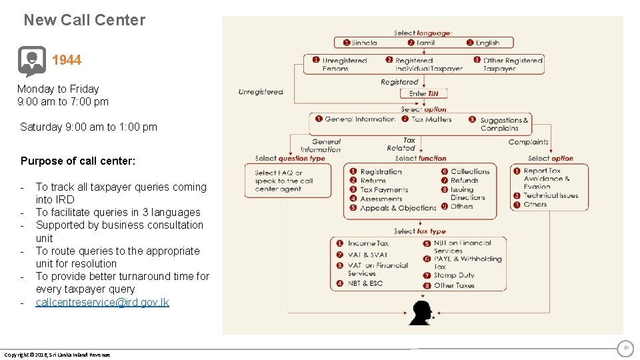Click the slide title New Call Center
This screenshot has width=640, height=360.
tap(84, 20)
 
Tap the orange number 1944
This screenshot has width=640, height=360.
tap(67, 60)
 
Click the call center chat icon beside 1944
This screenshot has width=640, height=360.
tap(31, 61)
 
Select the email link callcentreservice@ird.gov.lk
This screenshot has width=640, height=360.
tap(102, 302)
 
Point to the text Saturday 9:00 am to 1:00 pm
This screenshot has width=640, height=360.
tap(89, 127)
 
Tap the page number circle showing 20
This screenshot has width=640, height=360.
tap(625, 348)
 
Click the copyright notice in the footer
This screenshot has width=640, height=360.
tap(57, 354)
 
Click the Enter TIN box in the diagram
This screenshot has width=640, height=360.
tap(423, 93)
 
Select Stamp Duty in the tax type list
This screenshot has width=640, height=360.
tap(453, 275)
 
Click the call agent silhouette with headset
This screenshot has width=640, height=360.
tap(421, 313)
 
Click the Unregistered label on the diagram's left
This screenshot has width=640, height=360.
tap(261, 92)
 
